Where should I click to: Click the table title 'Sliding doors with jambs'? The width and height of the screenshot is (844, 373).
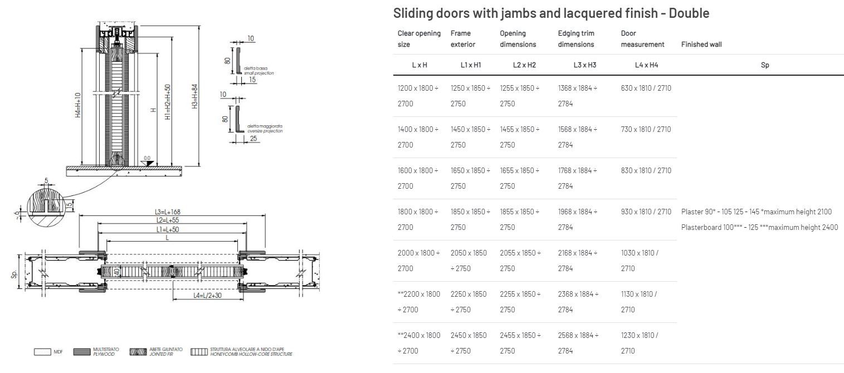pyautogui.click(x=551, y=13)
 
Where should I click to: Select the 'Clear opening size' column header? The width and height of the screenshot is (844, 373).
pyautogui.click(x=419, y=39)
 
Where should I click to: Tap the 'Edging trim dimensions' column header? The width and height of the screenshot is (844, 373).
pyautogui.click(x=576, y=39)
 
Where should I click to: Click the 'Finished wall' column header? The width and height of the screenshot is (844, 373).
pyautogui.click(x=701, y=45)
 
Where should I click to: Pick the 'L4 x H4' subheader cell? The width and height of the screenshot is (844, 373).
pyautogui.click(x=646, y=65)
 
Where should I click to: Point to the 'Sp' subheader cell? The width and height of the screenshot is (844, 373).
pyautogui.click(x=765, y=65)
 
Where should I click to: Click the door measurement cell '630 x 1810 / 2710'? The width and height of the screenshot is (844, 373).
pyautogui.click(x=646, y=88)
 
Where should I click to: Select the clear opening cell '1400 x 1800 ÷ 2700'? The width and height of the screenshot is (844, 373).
pyautogui.click(x=418, y=137)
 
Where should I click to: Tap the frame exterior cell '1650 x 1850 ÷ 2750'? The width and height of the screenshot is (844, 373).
pyautogui.click(x=470, y=178)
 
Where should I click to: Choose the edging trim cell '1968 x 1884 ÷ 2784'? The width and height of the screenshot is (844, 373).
pyautogui.click(x=577, y=219)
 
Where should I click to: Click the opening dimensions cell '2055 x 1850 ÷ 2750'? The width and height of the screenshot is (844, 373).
pyautogui.click(x=520, y=261)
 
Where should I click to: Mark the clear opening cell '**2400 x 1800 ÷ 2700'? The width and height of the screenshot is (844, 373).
pyautogui.click(x=419, y=343)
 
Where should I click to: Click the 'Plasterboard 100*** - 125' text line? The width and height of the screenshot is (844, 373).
pyautogui.click(x=759, y=227)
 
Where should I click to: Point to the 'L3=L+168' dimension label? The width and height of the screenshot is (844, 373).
pyautogui.click(x=168, y=212)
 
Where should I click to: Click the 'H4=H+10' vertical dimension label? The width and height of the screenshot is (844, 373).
pyautogui.click(x=78, y=105)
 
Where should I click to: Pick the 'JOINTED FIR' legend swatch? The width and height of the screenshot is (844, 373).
pyautogui.click(x=138, y=352)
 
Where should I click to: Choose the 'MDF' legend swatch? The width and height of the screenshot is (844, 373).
pyautogui.click(x=42, y=352)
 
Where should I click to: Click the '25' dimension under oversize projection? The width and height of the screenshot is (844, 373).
pyautogui.click(x=253, y=139)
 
